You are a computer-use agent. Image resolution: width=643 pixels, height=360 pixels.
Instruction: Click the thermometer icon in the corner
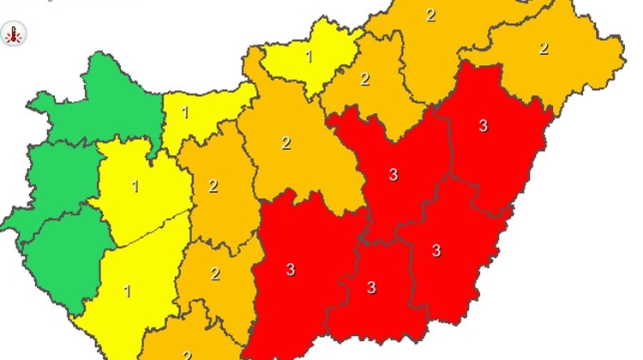coord(14,34)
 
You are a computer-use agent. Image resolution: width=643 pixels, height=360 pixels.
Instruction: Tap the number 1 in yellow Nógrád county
coord(309,57)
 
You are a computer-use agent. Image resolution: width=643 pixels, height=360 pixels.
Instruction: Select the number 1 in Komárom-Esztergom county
coord(184,112)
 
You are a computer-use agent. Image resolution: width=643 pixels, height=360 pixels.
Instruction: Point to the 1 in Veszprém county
coord(135,185)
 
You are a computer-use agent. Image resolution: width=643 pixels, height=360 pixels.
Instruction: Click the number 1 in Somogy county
coord(128,291)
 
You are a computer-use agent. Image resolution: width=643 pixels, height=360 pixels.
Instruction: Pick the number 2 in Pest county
coord(285,143)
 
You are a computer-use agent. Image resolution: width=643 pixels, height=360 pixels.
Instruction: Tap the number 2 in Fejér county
coord(213,186)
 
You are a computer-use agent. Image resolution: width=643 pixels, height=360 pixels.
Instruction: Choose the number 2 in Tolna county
coord(215,274)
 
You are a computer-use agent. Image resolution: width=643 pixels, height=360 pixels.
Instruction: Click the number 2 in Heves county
coord(364,79)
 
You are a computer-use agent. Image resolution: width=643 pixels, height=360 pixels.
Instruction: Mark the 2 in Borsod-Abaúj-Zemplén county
coord(430,15)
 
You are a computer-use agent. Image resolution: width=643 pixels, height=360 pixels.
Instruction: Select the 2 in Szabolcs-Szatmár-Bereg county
coord(543,49)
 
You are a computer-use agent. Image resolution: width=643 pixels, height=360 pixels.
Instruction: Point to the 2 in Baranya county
coord(187,354)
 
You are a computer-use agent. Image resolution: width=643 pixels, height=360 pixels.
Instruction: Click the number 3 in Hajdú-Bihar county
coord(483,126)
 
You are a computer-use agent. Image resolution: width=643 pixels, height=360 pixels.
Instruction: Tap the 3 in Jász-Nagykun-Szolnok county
coord(394,175)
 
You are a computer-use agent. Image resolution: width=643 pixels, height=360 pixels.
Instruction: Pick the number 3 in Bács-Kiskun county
coord(291,270)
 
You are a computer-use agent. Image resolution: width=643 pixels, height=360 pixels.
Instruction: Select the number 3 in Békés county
coord(436,251)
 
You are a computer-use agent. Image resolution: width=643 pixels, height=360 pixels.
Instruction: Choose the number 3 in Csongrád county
coord(371,287)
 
